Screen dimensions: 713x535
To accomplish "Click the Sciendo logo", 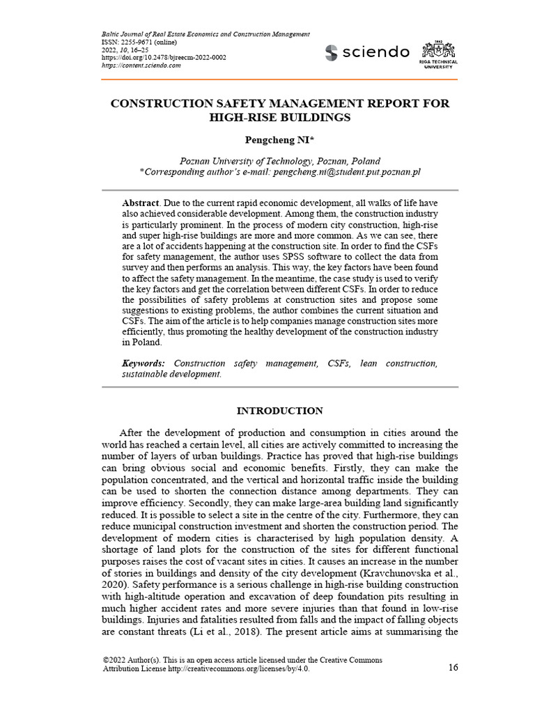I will pyautogui.click(x=368, y=52).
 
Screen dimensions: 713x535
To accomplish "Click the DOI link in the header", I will pyautogui.click(x=164, y=57).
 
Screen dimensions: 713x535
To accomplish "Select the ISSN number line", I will pyautogui.click(x=131, y=42).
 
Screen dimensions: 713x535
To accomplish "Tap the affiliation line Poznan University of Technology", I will pyautogui.click(x=280, y=160).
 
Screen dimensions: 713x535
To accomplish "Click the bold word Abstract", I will pyautogui.click(x=141, y=203).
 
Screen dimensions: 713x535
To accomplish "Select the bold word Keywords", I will pyautogui.click(x=144, y=363).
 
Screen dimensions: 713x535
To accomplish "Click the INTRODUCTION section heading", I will pyautogui.click(x=280, y=411).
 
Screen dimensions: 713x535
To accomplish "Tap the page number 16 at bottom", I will pyautogui.click(x=453, y=668).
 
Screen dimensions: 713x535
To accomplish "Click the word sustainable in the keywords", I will pyautogui.click(x=146, y=374).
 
